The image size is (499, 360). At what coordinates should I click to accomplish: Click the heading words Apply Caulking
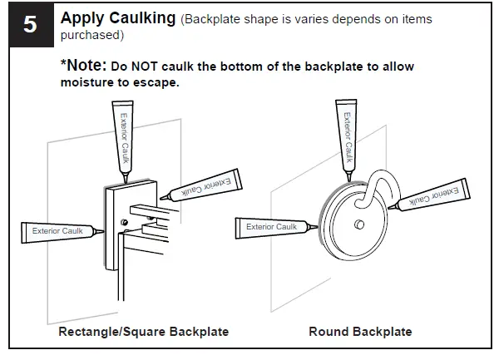[x=118, y=17]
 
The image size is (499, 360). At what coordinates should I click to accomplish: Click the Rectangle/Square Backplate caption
[x=143, y=332]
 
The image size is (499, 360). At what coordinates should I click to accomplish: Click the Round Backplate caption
[x=360, y=332]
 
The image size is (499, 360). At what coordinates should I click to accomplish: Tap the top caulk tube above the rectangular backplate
[x=125, y=137]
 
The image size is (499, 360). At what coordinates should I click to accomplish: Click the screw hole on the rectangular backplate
[x=124, y=222]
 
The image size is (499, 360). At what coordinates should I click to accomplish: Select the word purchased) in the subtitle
[x=91, y=35]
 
